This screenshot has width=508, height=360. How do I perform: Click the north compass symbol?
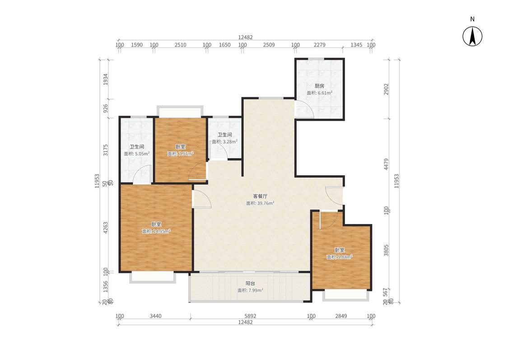(x=472, y=36)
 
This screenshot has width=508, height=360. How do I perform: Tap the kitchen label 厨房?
(x=319, y=86)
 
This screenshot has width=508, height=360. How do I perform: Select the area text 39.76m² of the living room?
(x=260, y=203)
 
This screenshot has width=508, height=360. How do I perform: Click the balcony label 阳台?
(x=250, y=283)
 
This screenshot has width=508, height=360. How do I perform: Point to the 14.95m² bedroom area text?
(x=156, y=231)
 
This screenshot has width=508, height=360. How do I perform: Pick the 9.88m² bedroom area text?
(x=340, y=257)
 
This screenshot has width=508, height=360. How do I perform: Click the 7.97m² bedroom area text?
(x=181, y=154)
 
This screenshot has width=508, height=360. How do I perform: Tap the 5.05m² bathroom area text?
(x=137, y=154)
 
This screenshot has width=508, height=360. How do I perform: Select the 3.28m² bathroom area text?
(x=224, y=141)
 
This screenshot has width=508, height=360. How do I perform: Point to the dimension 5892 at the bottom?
(x=250, y=316)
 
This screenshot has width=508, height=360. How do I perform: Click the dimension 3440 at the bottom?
(x=155, y=316)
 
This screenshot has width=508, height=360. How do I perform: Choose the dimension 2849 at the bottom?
(x=341, y=316)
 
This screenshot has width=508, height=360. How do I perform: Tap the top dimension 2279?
(x=319, y=45)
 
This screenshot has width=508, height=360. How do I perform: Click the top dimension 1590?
(x=137, y=45)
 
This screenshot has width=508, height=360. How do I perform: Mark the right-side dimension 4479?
(x=386, y=164)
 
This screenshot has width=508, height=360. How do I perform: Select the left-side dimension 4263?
(x=105, y=228)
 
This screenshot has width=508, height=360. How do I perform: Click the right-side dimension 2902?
(x=386, y=89)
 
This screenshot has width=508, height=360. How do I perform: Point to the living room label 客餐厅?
(x=260, y=196)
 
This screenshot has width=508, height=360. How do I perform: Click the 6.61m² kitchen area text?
(x=319, y=93)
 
